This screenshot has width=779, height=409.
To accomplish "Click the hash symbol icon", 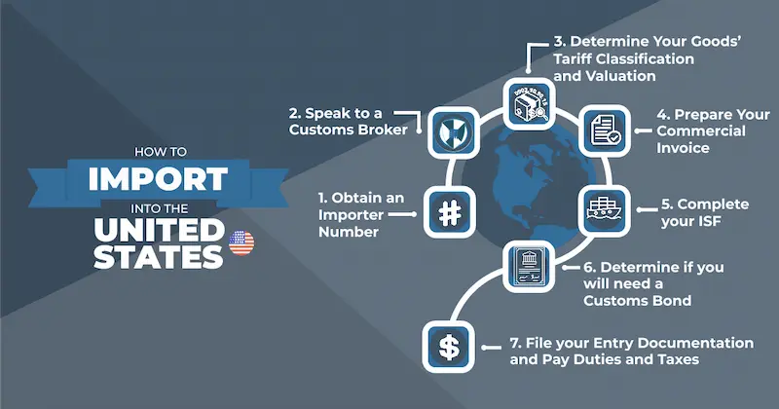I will tap(449, 213).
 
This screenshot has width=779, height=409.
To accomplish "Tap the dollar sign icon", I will tap(449, 347).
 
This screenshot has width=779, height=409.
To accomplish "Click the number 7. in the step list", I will tap(515, 343).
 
